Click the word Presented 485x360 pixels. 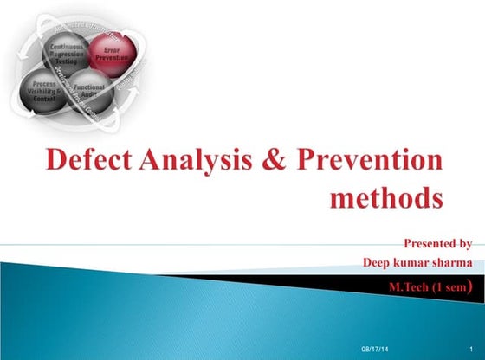tap(430, 244)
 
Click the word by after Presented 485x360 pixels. tap(465, 244)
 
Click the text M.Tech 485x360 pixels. tap(405, 286)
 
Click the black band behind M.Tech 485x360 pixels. tap(286, 283)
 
